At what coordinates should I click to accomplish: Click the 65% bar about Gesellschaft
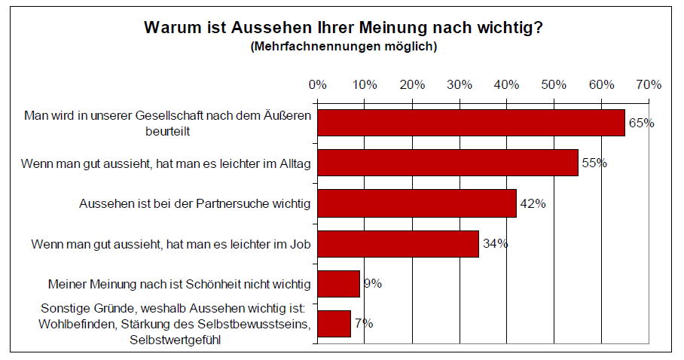pos(471,123)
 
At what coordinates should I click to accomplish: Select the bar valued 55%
pos(447,163)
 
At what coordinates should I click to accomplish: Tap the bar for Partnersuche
pos(417,203)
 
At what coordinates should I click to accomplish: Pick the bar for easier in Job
pos(398,243)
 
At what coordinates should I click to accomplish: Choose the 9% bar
pos(338,284)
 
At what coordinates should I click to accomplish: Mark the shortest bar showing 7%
pos(334,324)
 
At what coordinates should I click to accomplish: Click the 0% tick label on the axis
pos(317,84)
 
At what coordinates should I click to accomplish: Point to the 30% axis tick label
pos(460,84)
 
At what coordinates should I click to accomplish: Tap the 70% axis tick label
pos(649,84)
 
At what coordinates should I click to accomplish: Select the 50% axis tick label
pos(554,84)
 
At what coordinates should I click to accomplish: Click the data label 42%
pos(533,203)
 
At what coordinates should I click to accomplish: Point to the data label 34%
pos(495,243)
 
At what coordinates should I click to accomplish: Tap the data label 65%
pos(641,123)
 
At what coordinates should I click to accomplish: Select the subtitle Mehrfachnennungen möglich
pos(343,47)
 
